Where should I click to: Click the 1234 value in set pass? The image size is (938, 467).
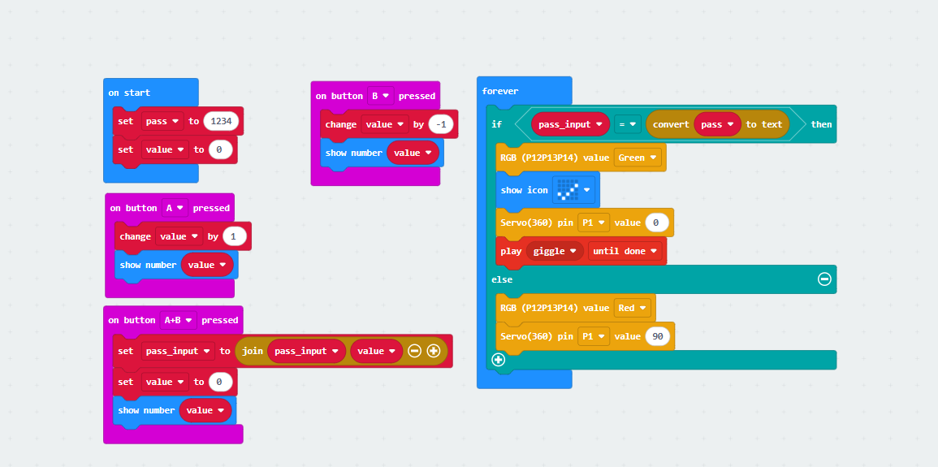[x=222, y=121]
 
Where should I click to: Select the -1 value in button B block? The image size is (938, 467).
[x=441, y=124]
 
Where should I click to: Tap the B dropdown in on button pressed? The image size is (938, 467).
[x=380, y=96]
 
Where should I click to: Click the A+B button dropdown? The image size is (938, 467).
[x=178, y=320]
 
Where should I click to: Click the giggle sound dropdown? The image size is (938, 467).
[x=554, y=251]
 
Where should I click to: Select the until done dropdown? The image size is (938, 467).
[x=624, y=251]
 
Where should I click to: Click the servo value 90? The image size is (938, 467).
[x=659, y=336]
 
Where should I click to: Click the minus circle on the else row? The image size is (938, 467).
[x=824, y=279]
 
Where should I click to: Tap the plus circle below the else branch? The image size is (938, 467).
[x=498, y=359]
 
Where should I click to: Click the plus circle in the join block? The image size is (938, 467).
[x=433, y=351]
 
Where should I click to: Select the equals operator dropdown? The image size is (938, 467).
[x=626, y=124]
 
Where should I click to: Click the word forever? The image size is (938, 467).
[x=500, y=91]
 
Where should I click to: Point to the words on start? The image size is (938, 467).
[x=129, y=93]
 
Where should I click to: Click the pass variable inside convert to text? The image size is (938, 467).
[x=716, y=124]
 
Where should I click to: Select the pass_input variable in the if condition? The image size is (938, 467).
[x=569, y=124]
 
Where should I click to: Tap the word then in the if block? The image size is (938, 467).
[x=821, y=124]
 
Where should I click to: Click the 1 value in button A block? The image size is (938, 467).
[x=234, y=236]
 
